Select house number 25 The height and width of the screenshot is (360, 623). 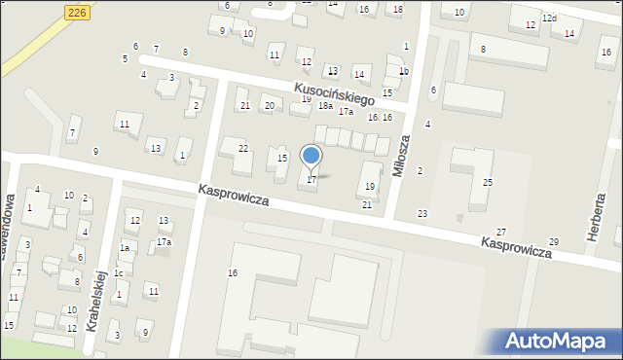tap(488, 183)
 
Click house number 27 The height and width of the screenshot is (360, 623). tap(501, 232)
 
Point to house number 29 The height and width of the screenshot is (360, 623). tap(554, 241)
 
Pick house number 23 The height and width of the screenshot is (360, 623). tap(422, 213)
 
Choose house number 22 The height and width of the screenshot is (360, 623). tap(243, 148)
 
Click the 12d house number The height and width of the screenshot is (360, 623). tap(550, 18)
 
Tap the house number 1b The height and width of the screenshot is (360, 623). tap(404, 71)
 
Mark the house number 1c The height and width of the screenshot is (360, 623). tap(118, 273)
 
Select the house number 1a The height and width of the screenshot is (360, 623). tap(125, 248)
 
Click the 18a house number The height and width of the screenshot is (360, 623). tap(325, 106)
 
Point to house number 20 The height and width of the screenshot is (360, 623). tap(270, 105)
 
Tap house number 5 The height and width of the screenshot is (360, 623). tap(125, 58)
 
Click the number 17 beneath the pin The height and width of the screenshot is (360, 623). tap(311, 180)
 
